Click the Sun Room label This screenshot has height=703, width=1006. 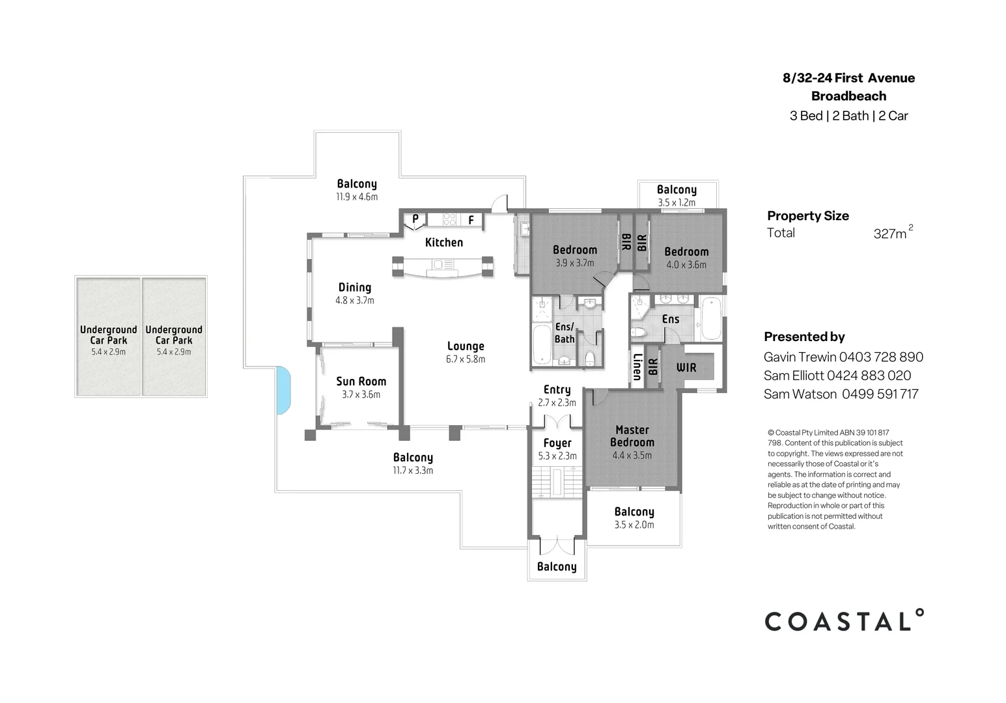pyautogui.click(x=361, y=381)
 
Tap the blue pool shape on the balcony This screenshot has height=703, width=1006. pyautogui.click(x=284, y=390)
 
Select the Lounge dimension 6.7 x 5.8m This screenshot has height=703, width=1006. pyautogui.click(x=466, y=359)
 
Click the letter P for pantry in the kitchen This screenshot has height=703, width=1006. pyautogui.click(x=415, y=219)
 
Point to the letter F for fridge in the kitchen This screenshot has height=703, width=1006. pyautogui.click(x=471, y=221)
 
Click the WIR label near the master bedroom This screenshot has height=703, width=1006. pyautogui.click(x=686, y=368)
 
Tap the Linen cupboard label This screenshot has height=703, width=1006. pyautogui.click(x=637, y=367)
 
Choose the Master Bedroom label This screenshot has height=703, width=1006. pyautogui.click(x=632, y=436)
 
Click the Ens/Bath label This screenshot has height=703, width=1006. pyautogui.click(x=564, y=333)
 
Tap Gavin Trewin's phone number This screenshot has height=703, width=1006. pyautogui.click(x=881, y=357)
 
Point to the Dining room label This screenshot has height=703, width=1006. pyautogui.click(x=355, y=287)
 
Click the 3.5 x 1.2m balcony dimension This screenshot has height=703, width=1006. pyautogui.click(x=677, y=202)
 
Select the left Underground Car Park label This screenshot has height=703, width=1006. pyautogui.click(x=108, y=335)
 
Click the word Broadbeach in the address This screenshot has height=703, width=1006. pyautogui.click(x=848, y=96)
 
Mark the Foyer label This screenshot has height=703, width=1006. pyautogui.click(x=557, y=443)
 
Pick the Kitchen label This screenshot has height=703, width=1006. pyautogui.click(x=444, y=242)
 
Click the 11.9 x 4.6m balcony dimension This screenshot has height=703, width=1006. pyautogui.click(x=357, y=197)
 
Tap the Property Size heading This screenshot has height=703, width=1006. pyautogui.click(x=807, y=216)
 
